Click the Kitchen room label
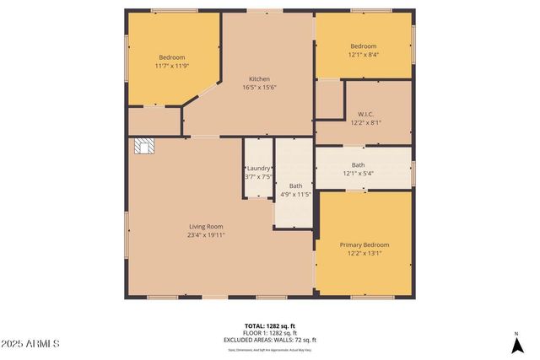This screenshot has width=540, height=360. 259,78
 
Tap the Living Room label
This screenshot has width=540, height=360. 206,226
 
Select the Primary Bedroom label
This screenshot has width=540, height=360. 364,244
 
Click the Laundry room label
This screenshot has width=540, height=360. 258,168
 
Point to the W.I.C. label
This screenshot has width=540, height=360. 365,114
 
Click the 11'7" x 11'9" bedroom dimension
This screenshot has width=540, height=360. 171,66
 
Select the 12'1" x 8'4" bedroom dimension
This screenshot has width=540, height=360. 363,54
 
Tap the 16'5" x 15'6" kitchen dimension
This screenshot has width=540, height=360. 259,87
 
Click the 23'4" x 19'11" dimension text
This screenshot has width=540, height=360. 206,235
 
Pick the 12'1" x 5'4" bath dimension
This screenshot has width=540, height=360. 359,174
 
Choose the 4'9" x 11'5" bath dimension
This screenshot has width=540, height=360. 295,194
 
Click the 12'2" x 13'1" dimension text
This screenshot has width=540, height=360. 364,253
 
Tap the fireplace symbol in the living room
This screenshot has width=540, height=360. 145,147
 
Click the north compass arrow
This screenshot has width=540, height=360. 516,343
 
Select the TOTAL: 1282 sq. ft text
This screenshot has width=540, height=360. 270,325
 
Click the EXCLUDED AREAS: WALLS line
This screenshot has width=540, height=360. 270,339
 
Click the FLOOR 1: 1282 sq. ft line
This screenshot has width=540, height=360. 270,332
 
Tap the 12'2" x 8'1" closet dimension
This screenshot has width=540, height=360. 365,122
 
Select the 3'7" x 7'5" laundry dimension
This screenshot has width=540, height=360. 258,176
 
